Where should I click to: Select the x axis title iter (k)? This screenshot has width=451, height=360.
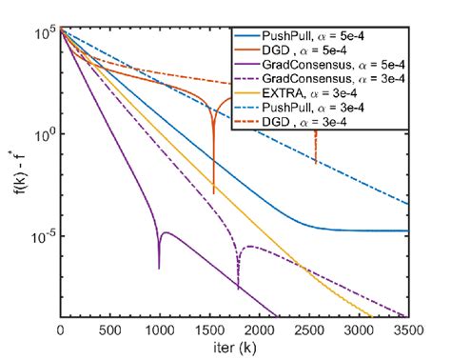[x=234, y=350]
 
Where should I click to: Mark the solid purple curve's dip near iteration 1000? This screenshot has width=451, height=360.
[x=159, y=269]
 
